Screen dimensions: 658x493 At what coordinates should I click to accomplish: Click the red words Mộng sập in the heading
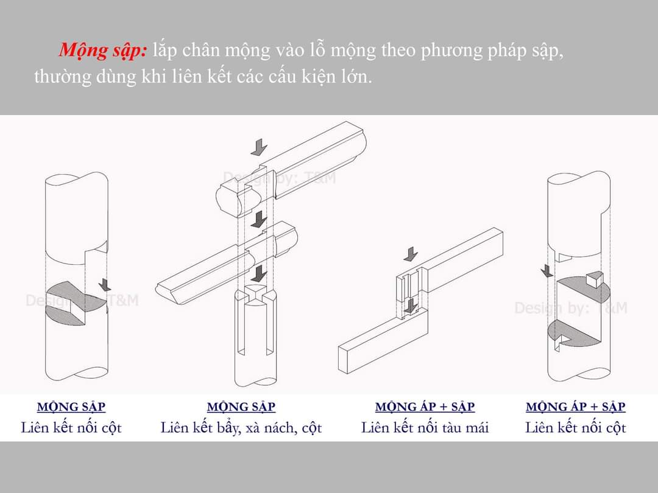tap(103, 51)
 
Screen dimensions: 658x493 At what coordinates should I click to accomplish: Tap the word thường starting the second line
tap(63, 77)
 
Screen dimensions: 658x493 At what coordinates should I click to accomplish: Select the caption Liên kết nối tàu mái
tap(425, 428)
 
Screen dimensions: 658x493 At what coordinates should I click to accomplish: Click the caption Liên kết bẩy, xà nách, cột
tap(241, 428)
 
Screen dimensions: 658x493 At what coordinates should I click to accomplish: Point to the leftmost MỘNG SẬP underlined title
tap(71, 407)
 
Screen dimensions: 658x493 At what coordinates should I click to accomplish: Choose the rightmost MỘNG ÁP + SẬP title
tap(575, 407)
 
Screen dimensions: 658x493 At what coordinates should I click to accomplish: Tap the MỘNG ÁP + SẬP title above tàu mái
tap(425, 407)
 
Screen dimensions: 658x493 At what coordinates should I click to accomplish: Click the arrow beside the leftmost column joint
tap(105, 285)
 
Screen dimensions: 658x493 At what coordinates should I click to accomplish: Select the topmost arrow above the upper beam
tap(260, 147)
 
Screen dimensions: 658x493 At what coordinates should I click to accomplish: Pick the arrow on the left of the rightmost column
tap(547, 271)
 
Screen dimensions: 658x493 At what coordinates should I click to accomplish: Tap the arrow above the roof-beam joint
tap(411, 254)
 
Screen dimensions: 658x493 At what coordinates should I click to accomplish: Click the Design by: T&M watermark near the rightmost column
tap(571, 308)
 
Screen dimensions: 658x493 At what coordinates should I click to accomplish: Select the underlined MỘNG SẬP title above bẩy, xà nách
tap(241, 407)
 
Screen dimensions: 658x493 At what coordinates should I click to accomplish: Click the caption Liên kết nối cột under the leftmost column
tap(71, 428)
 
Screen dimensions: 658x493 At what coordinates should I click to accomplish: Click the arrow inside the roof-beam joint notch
tap(411, 306)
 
